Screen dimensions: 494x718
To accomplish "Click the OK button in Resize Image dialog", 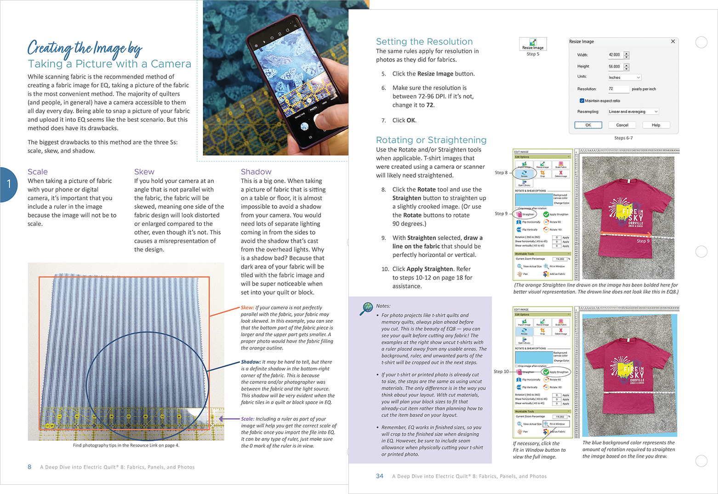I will (588, 125).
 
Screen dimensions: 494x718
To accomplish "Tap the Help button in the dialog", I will (655, 125).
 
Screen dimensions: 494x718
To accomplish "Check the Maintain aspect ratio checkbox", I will (582, 101).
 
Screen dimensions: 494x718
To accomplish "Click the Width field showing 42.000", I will (615, 55).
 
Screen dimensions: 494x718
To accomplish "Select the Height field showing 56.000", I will (615, 66).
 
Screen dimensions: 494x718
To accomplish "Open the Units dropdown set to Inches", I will (624, 78).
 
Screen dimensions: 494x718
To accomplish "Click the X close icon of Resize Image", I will (673, 41).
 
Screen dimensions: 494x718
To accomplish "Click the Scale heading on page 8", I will (38, 172).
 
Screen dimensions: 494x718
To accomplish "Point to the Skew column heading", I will (144, 172).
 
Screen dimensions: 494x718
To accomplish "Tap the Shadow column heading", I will (256, 172).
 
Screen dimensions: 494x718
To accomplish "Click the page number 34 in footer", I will (380, 476).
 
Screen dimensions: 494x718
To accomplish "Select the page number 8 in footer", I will (29, 467).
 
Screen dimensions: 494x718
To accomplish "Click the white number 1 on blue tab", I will (9, 184).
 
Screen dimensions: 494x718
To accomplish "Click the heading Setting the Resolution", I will (424, 42).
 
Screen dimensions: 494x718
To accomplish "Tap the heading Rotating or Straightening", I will (431, 140).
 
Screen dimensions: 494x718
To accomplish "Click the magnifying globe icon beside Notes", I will (366, 309).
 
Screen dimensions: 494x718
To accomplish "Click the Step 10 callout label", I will (501, 371).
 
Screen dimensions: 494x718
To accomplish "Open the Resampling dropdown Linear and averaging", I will (633, 112).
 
